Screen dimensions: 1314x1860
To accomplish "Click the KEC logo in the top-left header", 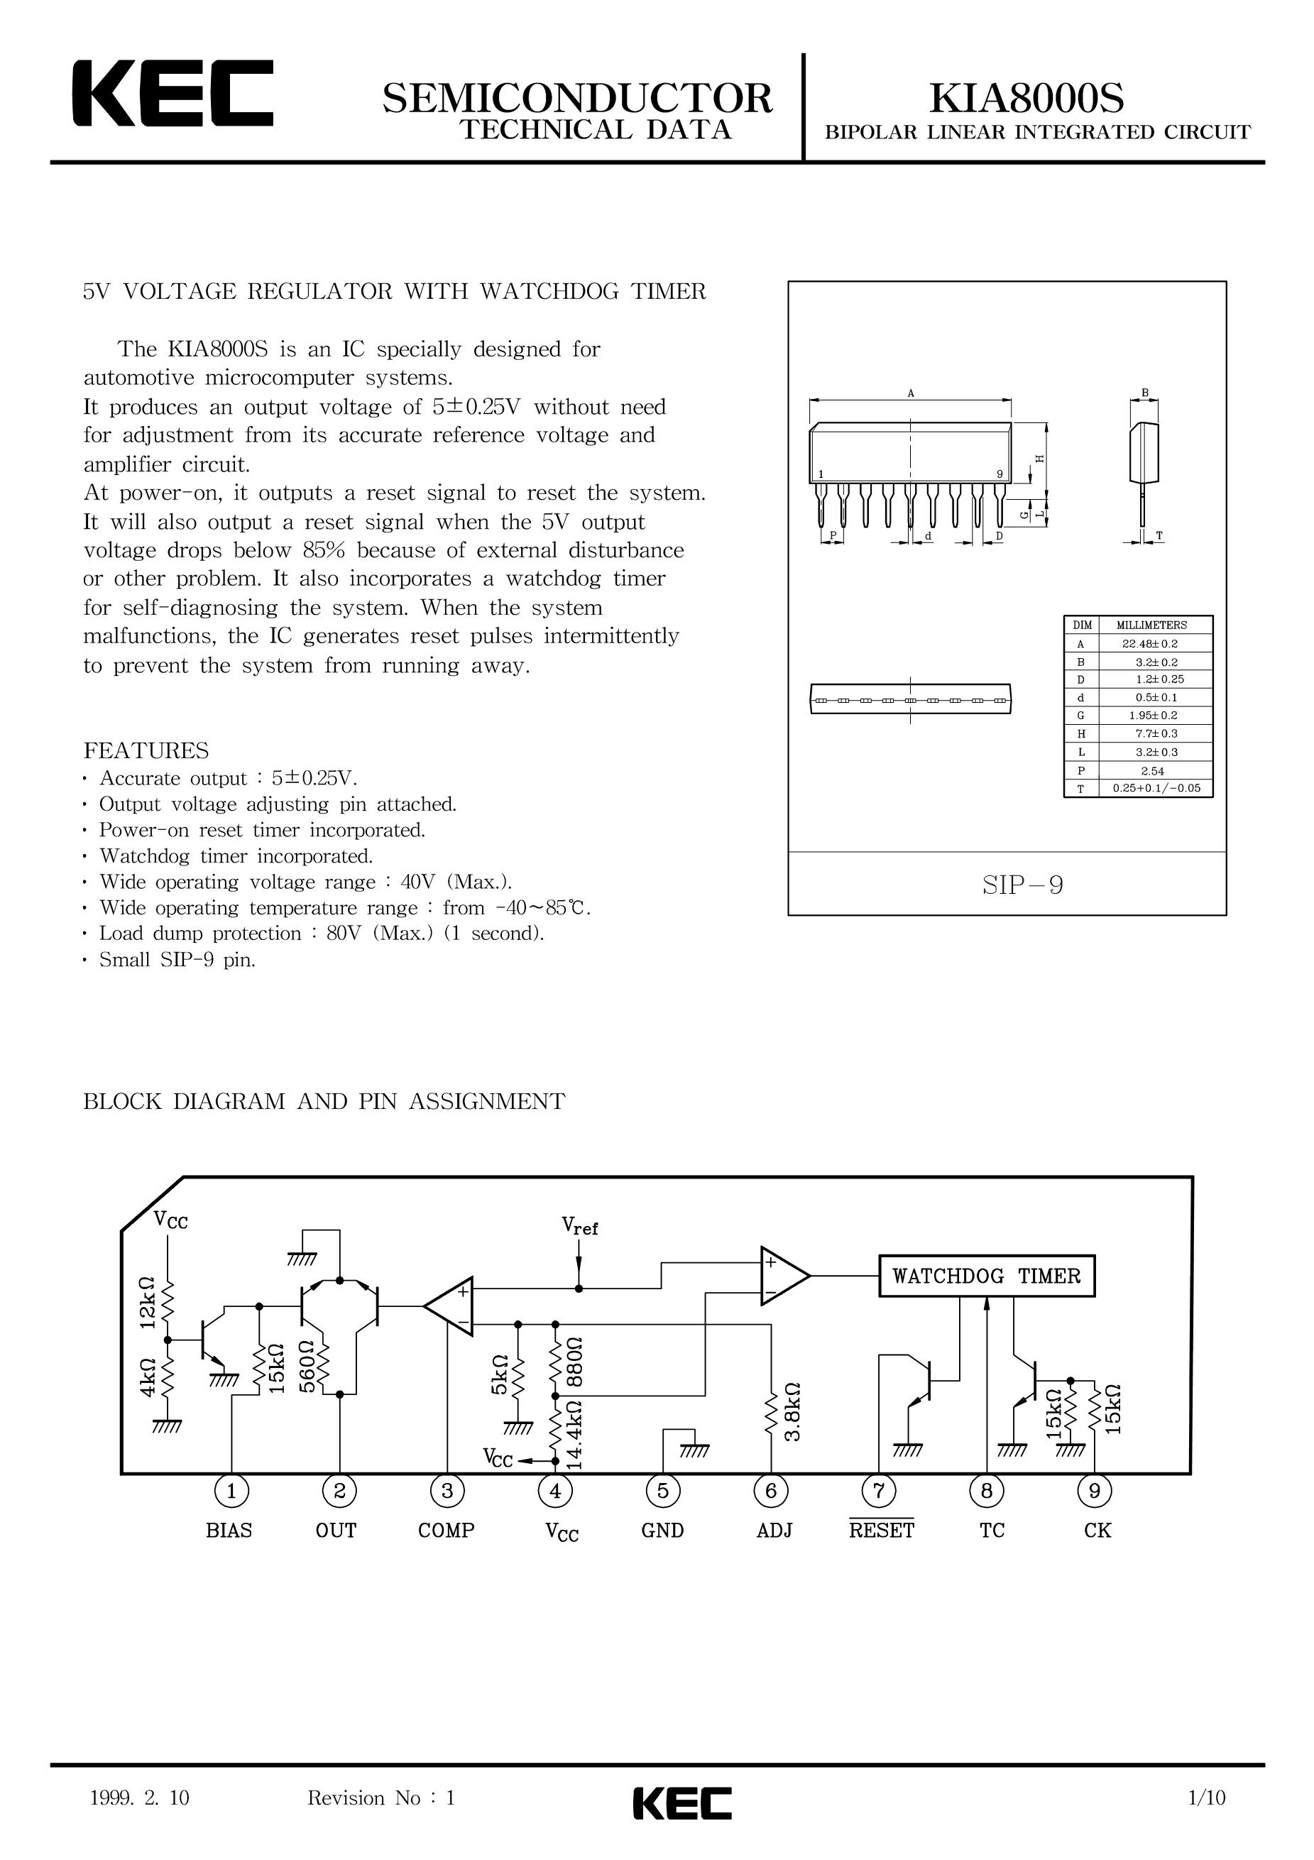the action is tap(173, 93).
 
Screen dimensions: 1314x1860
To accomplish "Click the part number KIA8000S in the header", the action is tap(1027, 98).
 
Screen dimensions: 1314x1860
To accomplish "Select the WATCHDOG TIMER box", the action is tap(987, 1276).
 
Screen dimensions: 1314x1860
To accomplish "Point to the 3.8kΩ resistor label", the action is tap(792, 1411).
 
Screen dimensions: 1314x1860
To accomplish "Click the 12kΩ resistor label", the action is tap(147, 1303).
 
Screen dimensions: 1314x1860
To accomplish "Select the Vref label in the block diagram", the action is tap(580, 1227).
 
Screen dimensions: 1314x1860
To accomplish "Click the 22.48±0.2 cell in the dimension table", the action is tap(1150, 643).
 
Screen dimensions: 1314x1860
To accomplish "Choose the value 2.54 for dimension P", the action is tap(1151, 771).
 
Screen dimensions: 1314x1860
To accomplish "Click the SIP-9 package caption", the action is tap(1022, 885).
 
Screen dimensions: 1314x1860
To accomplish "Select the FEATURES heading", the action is tap(146, 750).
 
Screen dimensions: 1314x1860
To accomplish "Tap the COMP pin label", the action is tap(447, 1531).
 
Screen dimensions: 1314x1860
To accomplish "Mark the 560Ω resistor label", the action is tap(307, 1366).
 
